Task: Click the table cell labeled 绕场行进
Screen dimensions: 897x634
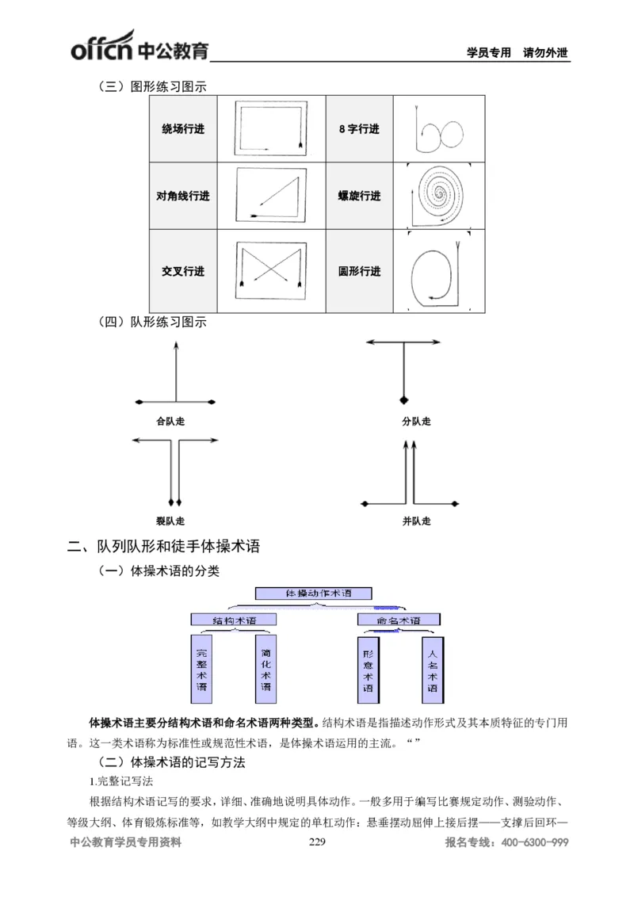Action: tap(183, 129)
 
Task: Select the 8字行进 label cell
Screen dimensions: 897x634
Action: tap(359, 129)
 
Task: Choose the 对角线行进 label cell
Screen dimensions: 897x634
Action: tap(183, 196)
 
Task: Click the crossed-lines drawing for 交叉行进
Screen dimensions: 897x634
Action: tap(270, 271)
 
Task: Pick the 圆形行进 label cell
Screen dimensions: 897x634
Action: tap(359, 271)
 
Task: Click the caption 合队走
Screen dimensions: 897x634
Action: tap(170, 422)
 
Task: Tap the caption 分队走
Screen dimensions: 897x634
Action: tap(416, 422)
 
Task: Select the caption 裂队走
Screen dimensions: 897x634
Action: tap(170, 521)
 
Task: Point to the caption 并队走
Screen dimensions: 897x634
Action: tap(416, 521)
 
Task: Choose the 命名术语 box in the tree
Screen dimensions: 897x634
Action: tap(399, 620)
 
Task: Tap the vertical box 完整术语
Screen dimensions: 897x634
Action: tap(201, 670)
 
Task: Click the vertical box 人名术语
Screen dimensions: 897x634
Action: tap(432, 670)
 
